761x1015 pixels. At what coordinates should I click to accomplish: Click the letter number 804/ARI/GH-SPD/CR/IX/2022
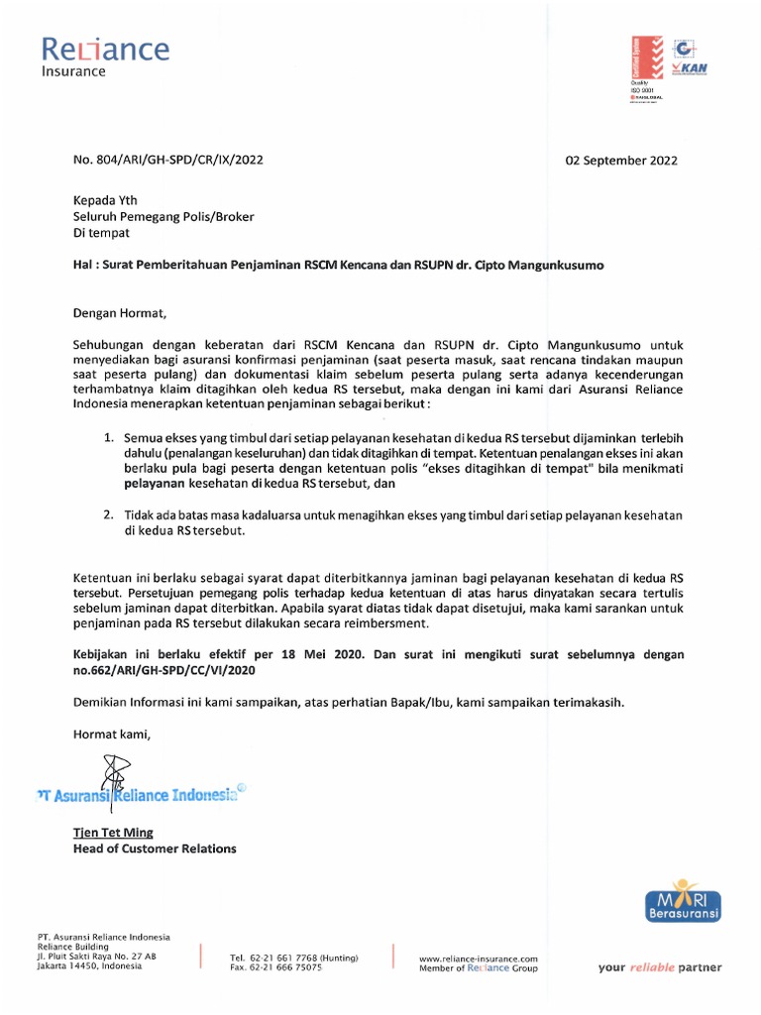coord(168,160)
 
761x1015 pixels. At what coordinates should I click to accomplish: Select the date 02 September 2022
coord(621,160)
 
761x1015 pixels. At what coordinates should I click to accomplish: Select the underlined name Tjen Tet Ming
coord(113,833)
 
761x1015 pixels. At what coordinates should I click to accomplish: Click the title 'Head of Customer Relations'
coord(155,848)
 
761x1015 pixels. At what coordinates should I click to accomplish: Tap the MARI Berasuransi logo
coord(684,899)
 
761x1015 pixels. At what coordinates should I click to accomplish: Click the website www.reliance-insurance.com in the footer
coord(478,959)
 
